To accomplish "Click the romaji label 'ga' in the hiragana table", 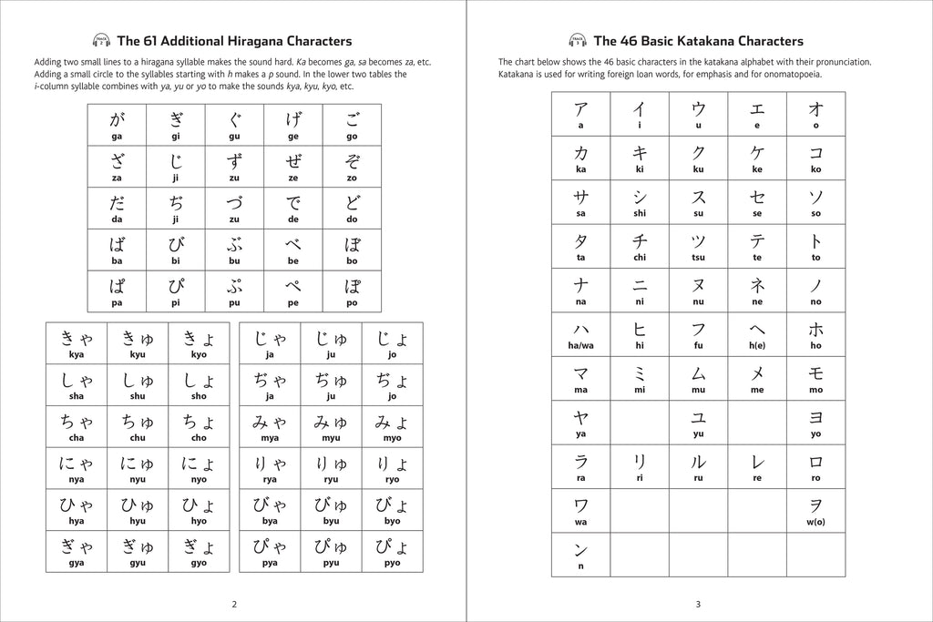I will [117, 136].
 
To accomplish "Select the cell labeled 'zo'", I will [352, 167].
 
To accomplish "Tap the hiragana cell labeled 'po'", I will [352, 291].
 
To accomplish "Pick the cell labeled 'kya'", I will [77, 343].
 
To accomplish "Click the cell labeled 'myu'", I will [331, 426].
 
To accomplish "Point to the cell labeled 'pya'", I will [270, 552].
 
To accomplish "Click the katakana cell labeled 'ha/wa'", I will [580, 335].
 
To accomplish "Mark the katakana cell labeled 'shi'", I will [640, 202].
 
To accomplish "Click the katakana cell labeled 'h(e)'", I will [757, 335].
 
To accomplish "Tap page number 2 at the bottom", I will [234, 604].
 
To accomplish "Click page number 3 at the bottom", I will [698, 604].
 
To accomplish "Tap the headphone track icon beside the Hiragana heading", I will [102, 40].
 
